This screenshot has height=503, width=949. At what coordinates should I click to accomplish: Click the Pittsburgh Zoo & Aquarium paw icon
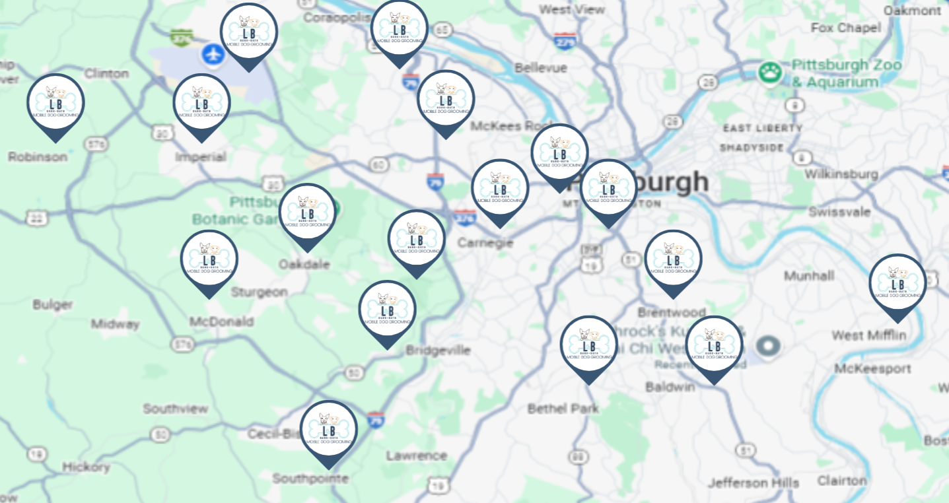click(x=770, y=73)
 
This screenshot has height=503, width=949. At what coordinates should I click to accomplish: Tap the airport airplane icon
click(x=213, y=55)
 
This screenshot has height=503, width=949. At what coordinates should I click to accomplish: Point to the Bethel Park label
click(x=563, y=409)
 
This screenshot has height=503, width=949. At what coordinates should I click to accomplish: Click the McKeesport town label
click(x=872, y=368)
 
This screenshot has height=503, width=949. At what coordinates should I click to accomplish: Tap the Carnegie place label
click(x=485, y=243)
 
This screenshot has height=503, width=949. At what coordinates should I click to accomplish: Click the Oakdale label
click(x=304, y=264)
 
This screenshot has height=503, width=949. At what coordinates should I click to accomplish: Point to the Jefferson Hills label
click(x=754, y=483)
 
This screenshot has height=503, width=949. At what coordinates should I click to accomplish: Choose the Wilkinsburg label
click(x=841, y=174)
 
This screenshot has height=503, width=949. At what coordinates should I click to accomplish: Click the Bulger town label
click(x=53, y=304)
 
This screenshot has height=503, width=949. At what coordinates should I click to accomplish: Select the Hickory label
click(x=87, y=467)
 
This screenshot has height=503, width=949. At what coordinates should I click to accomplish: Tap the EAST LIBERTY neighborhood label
click(x=763, y=128)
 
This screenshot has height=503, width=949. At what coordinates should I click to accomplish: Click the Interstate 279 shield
click(x=565, y=41)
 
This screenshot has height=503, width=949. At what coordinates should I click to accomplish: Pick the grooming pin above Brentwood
click(x=673, y=260)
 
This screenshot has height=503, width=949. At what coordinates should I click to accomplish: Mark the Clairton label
click(x=842, y=481)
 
